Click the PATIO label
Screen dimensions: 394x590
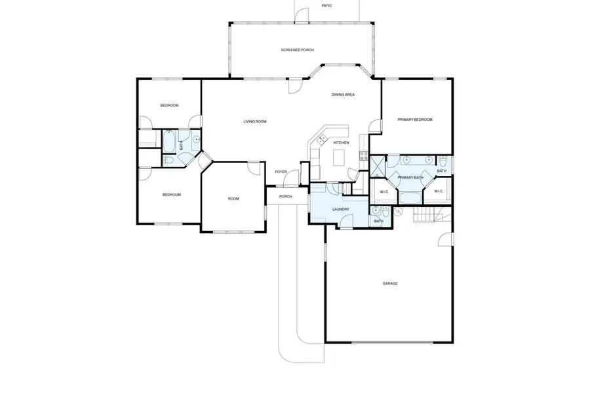click(326, 5)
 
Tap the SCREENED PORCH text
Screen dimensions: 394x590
click(298, 50)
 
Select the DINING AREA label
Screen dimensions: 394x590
click(343, 95)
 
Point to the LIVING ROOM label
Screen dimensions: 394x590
click(255, 121)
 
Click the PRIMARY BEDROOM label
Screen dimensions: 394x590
click(415, 120)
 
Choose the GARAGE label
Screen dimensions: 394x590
click(390, 284)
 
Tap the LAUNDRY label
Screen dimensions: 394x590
click(340, 209)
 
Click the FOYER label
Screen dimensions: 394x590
click(281, 171)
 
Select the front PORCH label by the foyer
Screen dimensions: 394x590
click(285, 196)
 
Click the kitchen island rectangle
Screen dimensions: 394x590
click(339, 158)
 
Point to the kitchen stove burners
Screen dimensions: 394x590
click(362, 156)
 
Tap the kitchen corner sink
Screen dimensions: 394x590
click(321, 139)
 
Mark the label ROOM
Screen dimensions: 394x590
click(233, 199)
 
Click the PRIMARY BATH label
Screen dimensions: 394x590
click(410, 177)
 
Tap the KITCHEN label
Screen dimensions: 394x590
click(341, 142)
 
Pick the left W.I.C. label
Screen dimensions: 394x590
click(384, 192)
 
